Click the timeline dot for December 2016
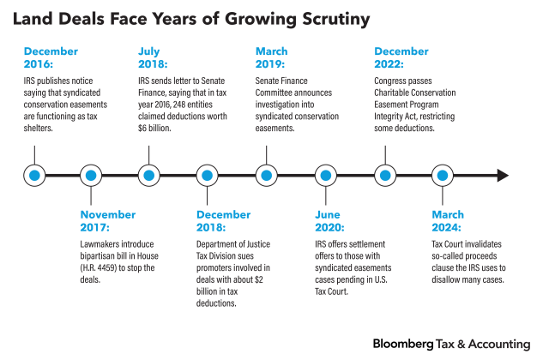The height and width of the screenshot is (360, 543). coord(34,176)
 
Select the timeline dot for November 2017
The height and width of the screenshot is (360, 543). coord(91,176)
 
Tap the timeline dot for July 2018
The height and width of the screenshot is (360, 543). coord(149,176)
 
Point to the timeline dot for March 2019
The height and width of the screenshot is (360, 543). coord(266,176)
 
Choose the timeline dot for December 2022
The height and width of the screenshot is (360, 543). coord(384,176)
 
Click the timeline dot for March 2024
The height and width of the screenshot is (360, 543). coord(443,176)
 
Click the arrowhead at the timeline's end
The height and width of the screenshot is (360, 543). coord(502,176)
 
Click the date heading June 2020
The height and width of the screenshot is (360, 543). coord(329,221)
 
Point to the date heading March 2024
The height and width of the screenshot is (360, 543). coord(447,221)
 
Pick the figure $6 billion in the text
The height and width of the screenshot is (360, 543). coord(154,129)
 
